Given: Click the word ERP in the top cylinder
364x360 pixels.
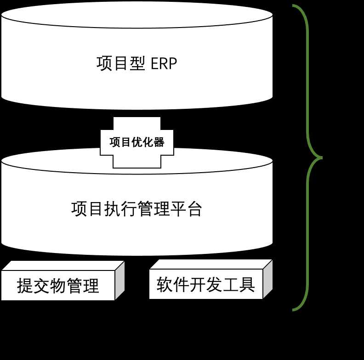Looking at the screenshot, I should click(x=164, y=63).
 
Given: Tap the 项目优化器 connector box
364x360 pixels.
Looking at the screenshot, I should click(x=137, y=142).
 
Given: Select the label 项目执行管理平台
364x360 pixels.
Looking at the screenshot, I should click(x=137, y=209).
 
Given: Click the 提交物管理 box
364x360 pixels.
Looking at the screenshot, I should click(x=58, y=286).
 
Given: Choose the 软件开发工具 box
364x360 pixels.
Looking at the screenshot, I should click(x=206, y=284).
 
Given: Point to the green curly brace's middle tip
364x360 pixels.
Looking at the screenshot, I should click(x=321, y=158).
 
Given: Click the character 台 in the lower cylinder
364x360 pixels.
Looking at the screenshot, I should click(x=195, y=209).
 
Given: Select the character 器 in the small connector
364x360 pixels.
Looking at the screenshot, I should click(x=159, y=142).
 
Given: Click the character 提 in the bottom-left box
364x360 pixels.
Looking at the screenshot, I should click(x=25, y=286).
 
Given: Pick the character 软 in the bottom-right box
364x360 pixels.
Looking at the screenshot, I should click(x=165, y=284).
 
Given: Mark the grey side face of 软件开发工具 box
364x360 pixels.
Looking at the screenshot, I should click(x=267, y=279).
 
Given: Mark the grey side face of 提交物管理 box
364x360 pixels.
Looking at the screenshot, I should click(x=119, y=281).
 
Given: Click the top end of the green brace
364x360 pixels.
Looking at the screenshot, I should click(x=294, y=6).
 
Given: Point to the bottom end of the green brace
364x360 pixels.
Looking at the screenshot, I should click(x=294, y=310).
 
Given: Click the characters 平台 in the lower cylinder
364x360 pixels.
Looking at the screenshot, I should click(x=187, y=209).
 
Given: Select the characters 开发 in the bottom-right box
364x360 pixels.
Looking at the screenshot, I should click(x=206, y=284).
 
